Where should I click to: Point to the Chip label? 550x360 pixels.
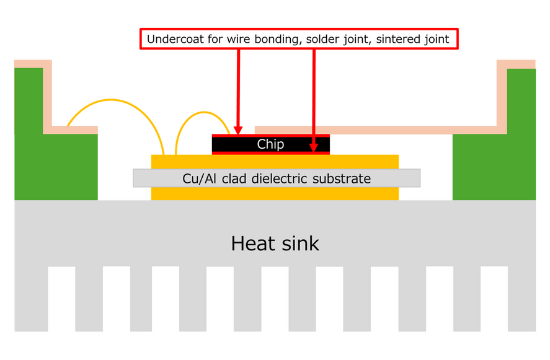270,144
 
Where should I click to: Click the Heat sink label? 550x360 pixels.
275,243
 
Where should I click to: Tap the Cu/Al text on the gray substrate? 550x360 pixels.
197,178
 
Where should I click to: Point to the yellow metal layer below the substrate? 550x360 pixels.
275,193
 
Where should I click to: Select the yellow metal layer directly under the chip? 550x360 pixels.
275,161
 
